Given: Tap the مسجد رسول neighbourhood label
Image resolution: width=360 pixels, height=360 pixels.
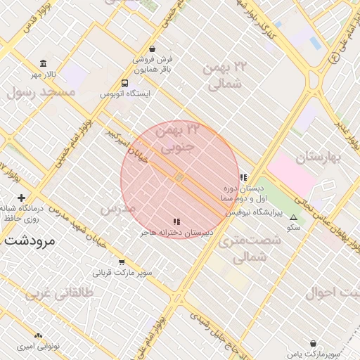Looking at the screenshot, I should pyautogui.click(x=41, y=92).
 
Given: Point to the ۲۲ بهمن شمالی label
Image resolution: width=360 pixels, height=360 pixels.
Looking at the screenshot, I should pyautogui.click(x=225, y=76).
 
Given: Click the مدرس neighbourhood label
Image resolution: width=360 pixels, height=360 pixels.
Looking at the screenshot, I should pyautogui.click(x=117, y=209).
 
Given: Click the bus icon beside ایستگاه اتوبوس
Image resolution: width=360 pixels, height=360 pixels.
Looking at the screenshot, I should pyautogui.click(x=124, y=82).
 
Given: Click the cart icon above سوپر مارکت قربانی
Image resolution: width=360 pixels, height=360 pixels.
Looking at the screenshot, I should pyautogui.click(x=122, y=262).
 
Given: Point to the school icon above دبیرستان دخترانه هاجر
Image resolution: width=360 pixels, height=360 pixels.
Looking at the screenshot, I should pyautogui.click(x=176, y=221).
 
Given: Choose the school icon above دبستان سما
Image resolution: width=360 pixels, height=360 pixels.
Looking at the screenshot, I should pyautogui.click(x=243, y=177).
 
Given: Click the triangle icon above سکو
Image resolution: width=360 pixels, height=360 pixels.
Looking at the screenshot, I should pyautogui.click(x=293, y=218).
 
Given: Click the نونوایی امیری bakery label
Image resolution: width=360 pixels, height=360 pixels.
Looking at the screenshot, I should pyautogui.click(x=39, y=347).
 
